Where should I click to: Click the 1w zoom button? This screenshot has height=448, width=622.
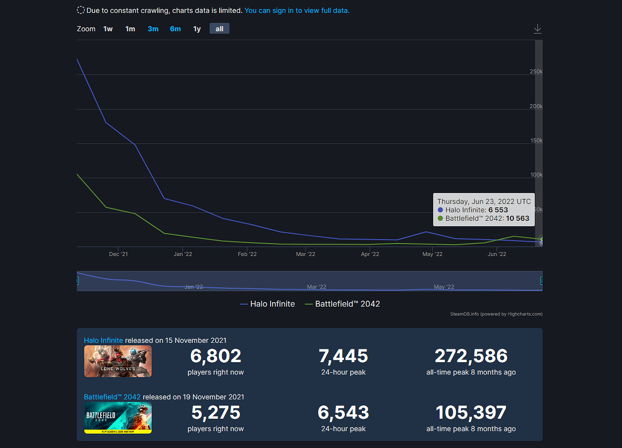pyautogui.click(x=108, y=29)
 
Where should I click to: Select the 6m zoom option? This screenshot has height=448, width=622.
pyautogui.click(x=175, y=29)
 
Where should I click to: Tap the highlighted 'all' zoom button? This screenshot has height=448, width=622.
pyautogui.click(x=220, y=29)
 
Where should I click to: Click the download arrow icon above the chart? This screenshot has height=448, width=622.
pyautogui.click(x=538, y=29)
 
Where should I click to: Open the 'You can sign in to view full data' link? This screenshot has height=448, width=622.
pyautogui.click(x=297, y=10)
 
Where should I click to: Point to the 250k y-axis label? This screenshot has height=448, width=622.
pyautogui.click(x=536, y=72)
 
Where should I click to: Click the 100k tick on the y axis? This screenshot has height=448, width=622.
pyautogui.click(x=536, y=175)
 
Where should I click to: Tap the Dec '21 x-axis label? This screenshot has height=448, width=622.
pyautogui.click(x=118, y=254)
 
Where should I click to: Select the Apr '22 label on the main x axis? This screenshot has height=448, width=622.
pyautogui.click(x=370, y=254)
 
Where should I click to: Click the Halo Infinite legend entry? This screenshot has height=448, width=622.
pyautogui.click(x=267, y=304)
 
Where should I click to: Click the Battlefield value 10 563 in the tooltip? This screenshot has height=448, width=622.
pyautogui.click(x=517, y=218)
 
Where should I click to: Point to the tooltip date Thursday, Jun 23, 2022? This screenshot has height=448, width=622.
pyautogui.click(x=484, y=201)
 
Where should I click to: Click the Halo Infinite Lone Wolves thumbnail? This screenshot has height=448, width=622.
pyautogui.click(x=118, y=361)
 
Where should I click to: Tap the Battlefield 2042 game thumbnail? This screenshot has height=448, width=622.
pyautogui.click(x=118, y=418)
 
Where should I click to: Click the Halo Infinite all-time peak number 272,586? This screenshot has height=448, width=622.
pyautogui.click(x=471, y=356)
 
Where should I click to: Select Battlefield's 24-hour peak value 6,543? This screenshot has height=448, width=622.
pyautogui.click(x=343, y=412)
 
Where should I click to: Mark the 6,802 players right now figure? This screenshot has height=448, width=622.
pyautogui.click(x=216, y=356)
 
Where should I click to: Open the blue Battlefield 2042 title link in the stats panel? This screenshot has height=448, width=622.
pyautogui.click(x=112, y=397)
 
